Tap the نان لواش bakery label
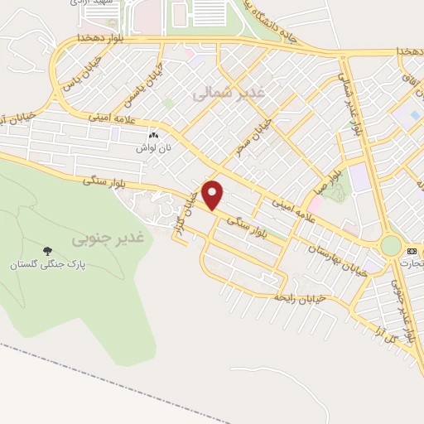(x=153, y=147)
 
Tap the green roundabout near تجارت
(x=390, y=246)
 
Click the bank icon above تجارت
(x=412, y=250)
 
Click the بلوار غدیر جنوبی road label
(x=402, y=312)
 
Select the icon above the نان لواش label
(x=152, y=135)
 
